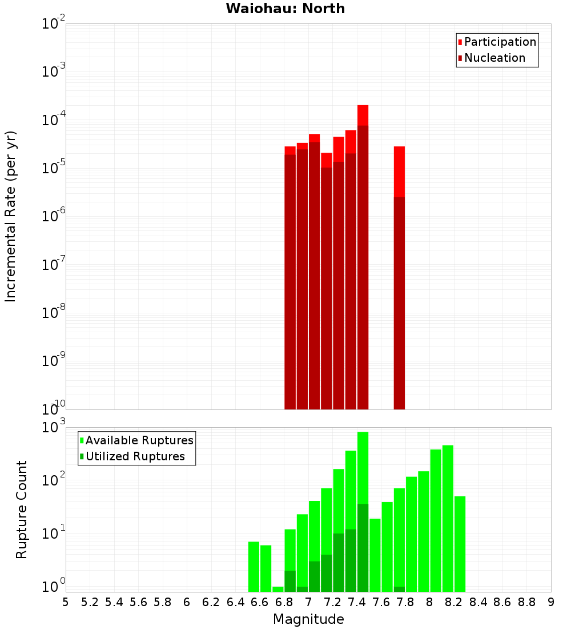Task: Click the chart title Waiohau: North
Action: [x=285, y=9]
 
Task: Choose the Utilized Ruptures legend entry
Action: [x=134, y=456]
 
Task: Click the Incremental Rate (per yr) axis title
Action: [x=11, y=216]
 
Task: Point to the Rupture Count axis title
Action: [x=22, y=509]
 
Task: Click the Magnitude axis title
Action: [x=308, y=619]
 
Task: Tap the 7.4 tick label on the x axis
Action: [x=357, y=602]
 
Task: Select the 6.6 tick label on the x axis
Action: [x=260, y=602]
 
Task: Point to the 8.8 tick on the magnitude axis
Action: [x=526, y=602]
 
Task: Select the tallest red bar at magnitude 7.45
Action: [x=363, y=257]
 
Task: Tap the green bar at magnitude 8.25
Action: [x=460, y=543]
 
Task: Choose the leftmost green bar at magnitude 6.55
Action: [x=254, y=566]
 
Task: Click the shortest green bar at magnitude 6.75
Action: [x=278, y=589]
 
